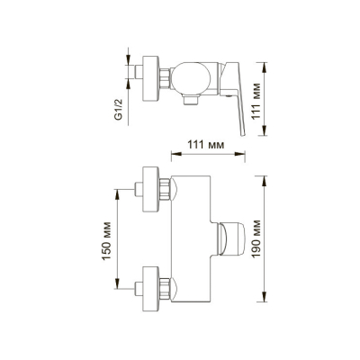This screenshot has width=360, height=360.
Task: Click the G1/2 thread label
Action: (x=119, y=109)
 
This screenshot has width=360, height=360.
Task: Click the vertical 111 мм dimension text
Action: (x=256, y=101)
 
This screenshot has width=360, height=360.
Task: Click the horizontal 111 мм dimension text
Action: (x=206, y=145)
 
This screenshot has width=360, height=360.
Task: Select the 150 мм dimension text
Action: (x=106, y=241)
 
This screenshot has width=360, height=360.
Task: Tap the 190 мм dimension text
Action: (x=256, y=238)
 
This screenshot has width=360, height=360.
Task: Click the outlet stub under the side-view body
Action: (x=191, y=100)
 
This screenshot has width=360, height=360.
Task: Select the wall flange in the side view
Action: (x=150, y=78)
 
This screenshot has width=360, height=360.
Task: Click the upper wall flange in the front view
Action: (x=150, y=190)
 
